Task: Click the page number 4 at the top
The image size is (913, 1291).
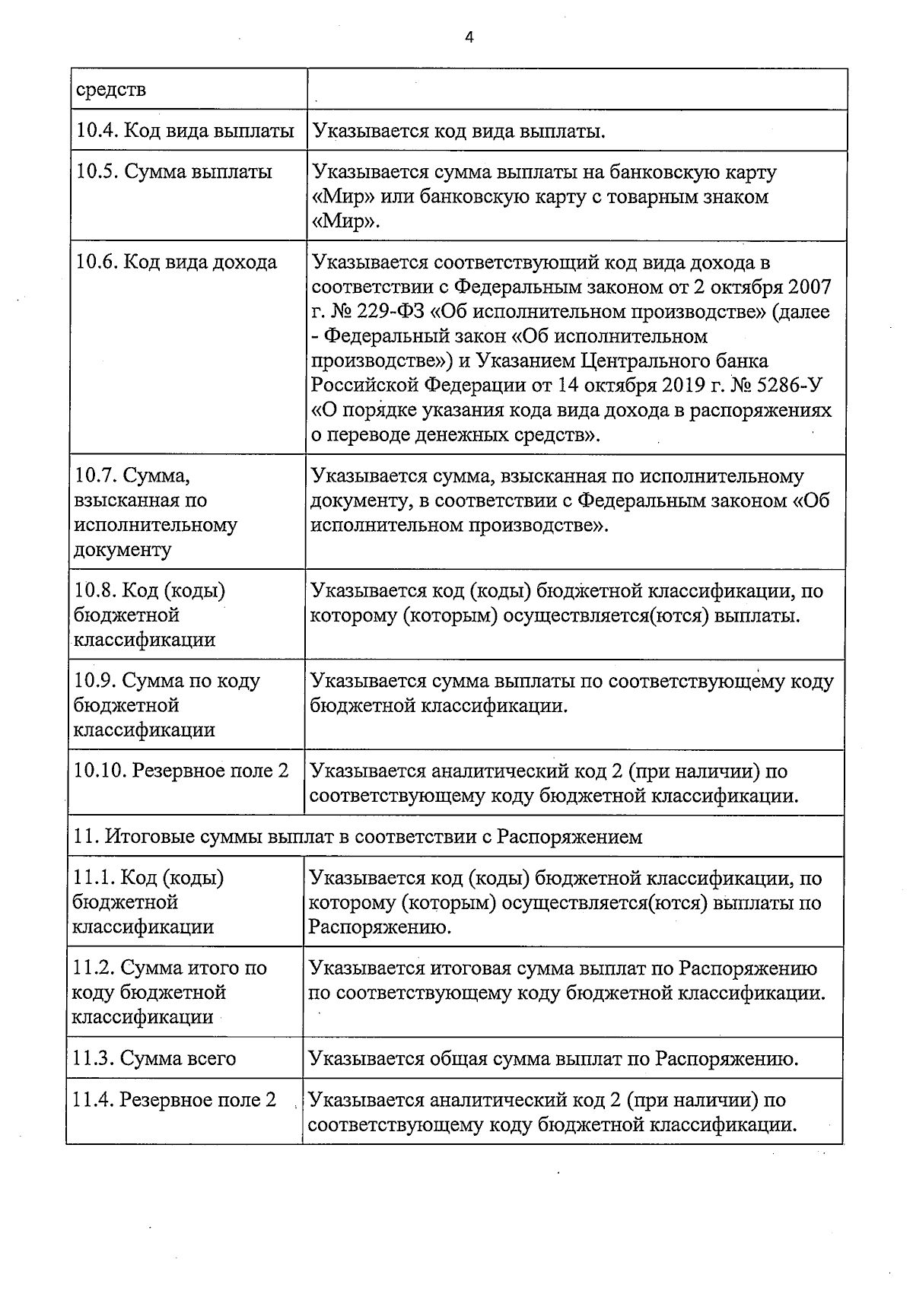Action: click(469, 36)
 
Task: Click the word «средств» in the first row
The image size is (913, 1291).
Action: click(110, 90)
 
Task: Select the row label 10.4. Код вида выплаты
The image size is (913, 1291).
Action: click(185, 131)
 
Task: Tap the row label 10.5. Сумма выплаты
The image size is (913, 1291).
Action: click(174, 172)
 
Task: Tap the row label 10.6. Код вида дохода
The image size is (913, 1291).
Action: click(177, 263)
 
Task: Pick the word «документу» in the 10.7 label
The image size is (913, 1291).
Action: click(122, 549)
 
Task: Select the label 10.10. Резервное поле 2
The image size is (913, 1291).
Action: click(181, 771)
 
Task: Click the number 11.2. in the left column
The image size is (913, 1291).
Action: click(92, 968)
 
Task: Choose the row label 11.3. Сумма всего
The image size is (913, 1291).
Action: click(154, 1058)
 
